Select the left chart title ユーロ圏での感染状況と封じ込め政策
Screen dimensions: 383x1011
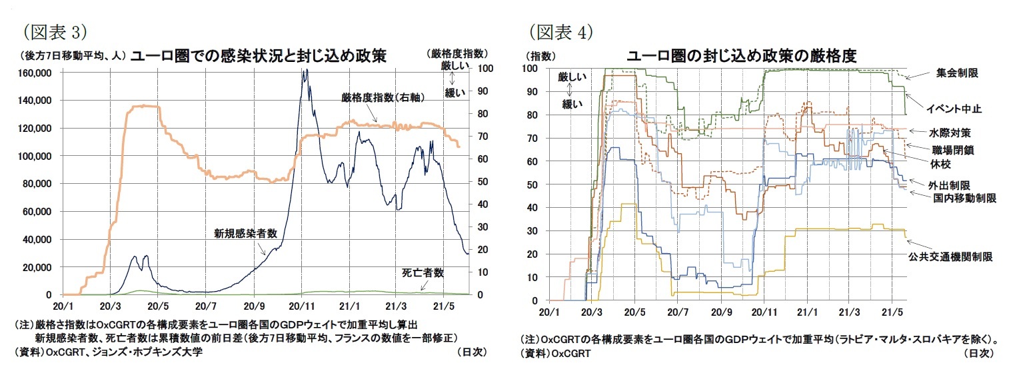click(x=258, y=56)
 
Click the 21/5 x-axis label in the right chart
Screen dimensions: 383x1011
click(x=892, y=312)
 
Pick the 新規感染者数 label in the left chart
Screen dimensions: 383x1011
click(x=245, y=234)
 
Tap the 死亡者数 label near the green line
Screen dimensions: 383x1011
click(x=423, y=273)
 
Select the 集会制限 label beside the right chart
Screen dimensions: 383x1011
click(x=957, y=73)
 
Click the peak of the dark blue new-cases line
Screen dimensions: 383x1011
click(x=305, y=71)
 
